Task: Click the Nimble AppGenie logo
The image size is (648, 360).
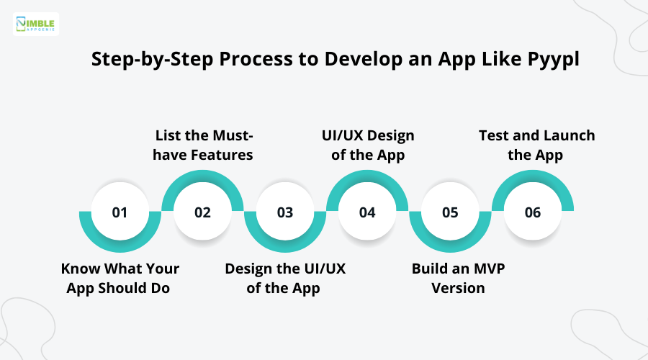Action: coord(37,24)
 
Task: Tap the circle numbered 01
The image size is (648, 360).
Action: coord(120,212)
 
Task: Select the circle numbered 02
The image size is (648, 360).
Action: coord(202,212)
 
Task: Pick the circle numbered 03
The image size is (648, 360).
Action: coord(285,212)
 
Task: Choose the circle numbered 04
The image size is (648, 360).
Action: coord(367,212)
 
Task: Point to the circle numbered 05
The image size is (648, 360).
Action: coord(450,212)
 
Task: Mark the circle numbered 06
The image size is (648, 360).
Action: coord(533,212)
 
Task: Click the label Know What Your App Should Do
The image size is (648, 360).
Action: coord(120,278)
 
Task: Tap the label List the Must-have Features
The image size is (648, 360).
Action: coord(204,145)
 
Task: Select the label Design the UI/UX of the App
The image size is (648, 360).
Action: coord(285,278)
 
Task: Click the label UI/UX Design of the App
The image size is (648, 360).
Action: coord(367,145)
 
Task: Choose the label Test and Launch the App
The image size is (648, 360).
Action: coord(536,145)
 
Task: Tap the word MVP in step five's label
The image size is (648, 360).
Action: coord(487,269)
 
